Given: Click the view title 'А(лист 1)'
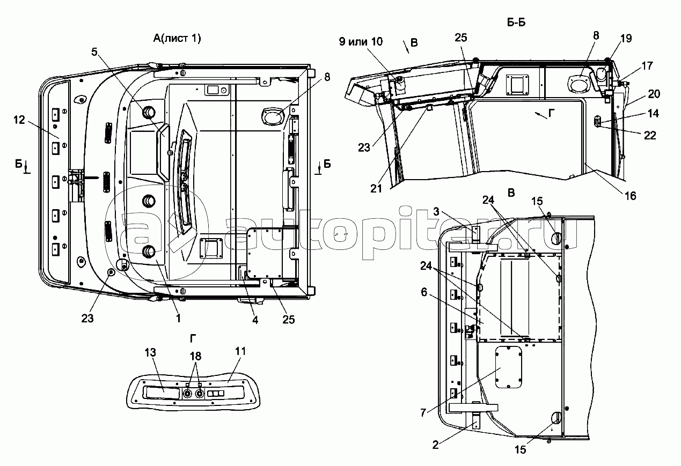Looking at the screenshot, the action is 177,39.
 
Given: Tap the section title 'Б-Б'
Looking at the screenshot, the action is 516,23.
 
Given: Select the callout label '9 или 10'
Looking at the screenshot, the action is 361,42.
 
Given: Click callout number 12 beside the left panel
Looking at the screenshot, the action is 19,120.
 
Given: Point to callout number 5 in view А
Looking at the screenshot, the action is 94,52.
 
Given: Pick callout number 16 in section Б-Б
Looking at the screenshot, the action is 631,196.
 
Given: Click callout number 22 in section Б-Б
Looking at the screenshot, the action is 650,136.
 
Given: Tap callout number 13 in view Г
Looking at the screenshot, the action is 150,352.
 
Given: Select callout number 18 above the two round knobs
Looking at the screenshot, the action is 195,356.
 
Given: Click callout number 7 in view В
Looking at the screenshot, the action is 423,412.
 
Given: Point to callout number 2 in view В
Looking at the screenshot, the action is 435,445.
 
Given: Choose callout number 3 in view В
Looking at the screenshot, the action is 436,211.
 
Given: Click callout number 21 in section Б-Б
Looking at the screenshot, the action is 376,189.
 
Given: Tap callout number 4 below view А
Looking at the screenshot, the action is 255,320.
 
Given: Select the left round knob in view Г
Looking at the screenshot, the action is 187,394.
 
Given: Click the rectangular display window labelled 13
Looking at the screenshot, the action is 163,392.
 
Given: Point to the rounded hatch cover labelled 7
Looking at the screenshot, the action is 509,367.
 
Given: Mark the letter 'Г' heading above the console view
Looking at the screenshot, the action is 193,338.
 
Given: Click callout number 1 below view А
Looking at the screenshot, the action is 179,319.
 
